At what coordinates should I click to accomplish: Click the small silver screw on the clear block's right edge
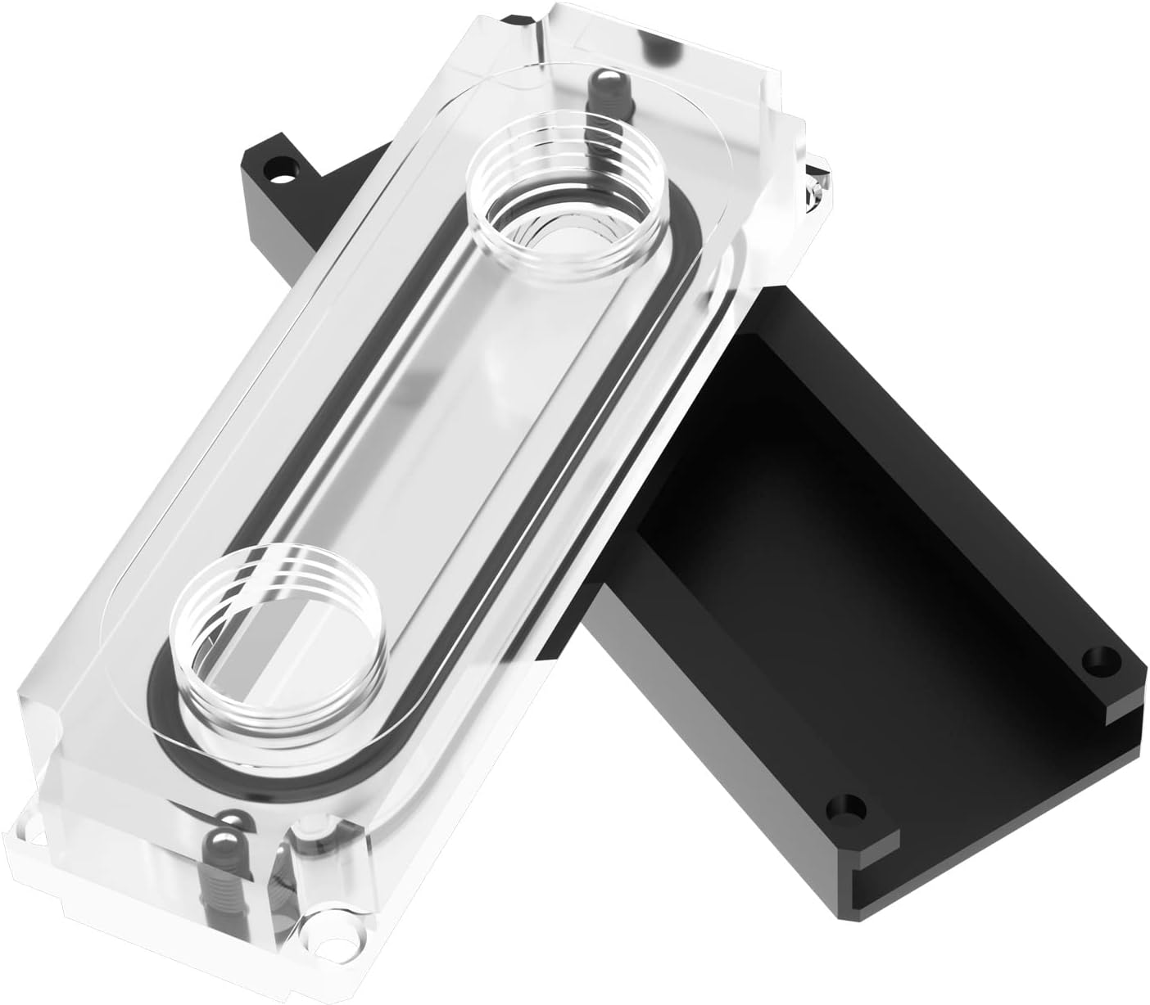pos(814,187)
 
